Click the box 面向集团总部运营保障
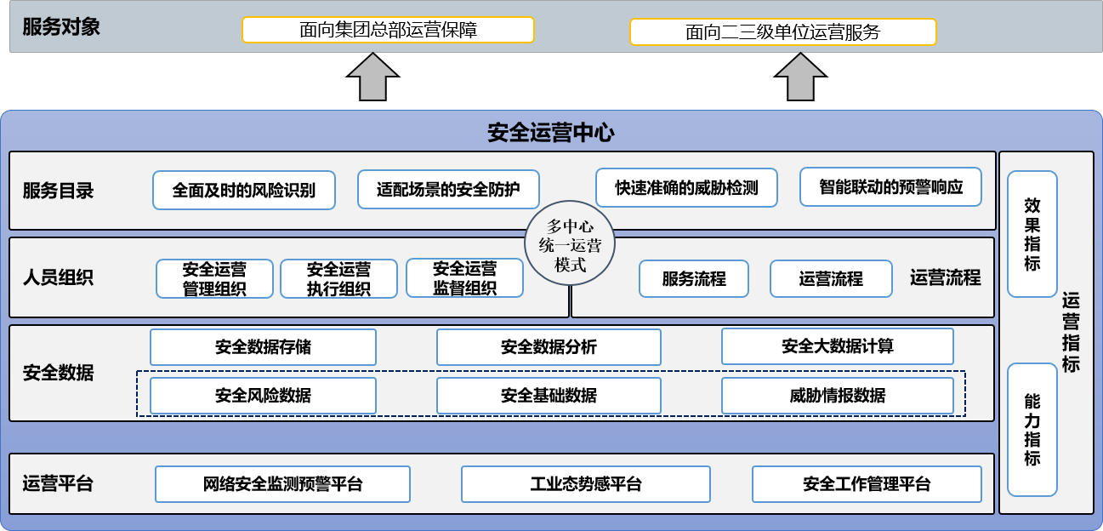click(388, 30)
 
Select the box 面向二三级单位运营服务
click(782, 32)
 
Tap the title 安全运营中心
click(550, 133)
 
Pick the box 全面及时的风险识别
click(244, 190)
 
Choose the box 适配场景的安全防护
click(448, 189)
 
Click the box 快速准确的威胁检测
click(686, 187)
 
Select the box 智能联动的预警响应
click(890, 187)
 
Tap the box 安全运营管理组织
click(214, 278)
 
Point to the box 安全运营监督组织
click(464, 278)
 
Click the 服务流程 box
click(694, 278)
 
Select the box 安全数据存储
click(263, 347)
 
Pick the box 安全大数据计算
click(837, 346)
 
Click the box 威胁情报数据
click(837, 396)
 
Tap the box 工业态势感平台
click(585, 484)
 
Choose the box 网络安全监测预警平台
click(282, 484)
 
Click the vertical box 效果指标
click(1032, 234)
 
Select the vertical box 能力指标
click(1032, 430)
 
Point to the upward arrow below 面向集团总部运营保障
click(372, 77)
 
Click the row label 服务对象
click(61, 26)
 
